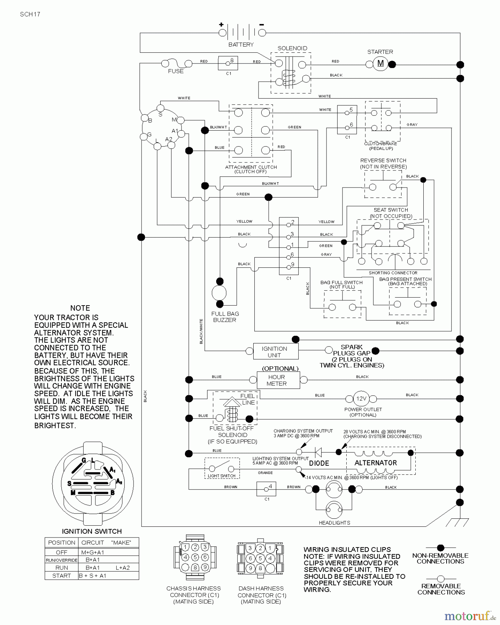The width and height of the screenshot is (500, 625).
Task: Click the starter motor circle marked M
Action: click(x=380, y=64)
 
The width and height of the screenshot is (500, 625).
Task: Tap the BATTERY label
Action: click(x=241, y=44)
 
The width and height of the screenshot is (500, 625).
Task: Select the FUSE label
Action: click(x=176, y=71)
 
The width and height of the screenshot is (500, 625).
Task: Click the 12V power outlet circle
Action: click(x=361, y=399)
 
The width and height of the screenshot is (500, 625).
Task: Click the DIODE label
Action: click(x=319, y=463)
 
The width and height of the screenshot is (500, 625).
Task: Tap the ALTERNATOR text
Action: click(x=375, y=463)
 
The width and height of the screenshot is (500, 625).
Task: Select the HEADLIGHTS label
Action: click(x=334, y=523)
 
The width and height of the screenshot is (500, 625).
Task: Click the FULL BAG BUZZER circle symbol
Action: click(x=219, y=293)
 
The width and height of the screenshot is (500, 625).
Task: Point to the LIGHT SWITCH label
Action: click(x=221, y=476)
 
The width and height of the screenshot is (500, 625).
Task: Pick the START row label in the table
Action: click(x=61, y=576)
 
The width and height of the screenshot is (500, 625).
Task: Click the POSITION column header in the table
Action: click(x=62, y=542)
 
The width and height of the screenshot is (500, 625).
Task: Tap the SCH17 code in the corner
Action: click(x=30, y=14)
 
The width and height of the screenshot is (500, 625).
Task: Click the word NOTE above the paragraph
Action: click(x=80, y=308)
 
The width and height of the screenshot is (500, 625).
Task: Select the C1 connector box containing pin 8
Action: click(x=228, y=63)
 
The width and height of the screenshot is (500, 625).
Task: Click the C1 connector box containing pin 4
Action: click(x=266, y=489)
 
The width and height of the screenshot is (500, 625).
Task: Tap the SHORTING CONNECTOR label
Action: click(x=393, y=273)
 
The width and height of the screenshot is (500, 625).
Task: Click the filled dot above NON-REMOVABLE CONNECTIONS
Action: click(x=440, y=548)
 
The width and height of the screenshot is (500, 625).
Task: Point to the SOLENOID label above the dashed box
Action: click(x=292, y=48)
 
